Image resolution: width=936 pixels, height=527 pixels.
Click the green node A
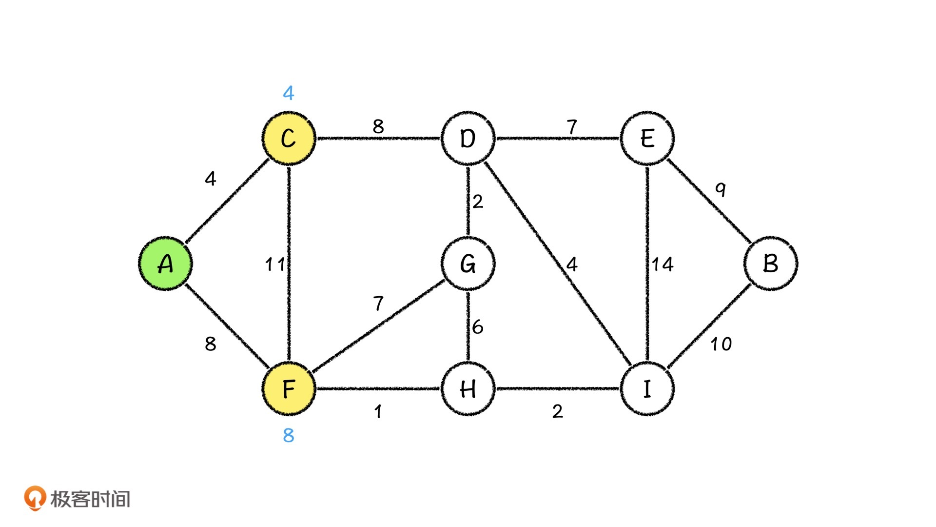coord(166,264)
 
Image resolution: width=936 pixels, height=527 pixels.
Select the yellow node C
coord(289,139)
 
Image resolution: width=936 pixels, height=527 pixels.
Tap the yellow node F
coord(289,389)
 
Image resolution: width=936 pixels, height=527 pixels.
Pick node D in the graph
coord(468,139)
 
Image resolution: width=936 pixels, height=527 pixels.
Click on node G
coord(468,264)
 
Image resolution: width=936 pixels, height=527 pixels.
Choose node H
coord(468,389)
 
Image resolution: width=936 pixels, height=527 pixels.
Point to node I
coord(647,389)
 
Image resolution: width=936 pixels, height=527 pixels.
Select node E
coord(647,139)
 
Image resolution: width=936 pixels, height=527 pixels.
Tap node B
coord(770,264)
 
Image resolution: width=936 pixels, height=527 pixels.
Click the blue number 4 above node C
coord(289,93)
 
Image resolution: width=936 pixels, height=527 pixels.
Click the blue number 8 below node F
coord(289,435)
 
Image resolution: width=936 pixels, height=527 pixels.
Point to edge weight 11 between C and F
coord(274,264)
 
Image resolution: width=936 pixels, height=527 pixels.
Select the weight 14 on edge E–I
coord(663,264)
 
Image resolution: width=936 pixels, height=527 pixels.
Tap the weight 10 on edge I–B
coord(721,344)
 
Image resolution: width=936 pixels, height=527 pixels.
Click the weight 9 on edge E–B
coord(721,189)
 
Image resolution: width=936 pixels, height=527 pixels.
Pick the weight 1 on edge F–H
coord(378,412)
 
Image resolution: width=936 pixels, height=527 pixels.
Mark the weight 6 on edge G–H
coord(478,327)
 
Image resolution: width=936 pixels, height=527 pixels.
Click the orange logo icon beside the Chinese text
coord(35,498)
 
